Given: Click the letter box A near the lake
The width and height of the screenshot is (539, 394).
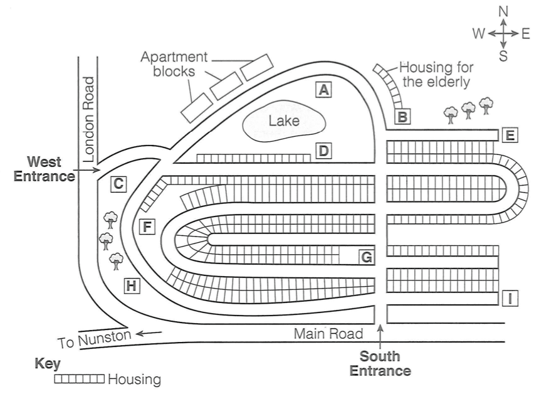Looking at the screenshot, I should tap(323, 90).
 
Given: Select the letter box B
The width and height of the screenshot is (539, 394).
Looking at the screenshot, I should tap(402, 116).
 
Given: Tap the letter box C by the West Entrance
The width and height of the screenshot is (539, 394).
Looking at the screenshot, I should tap(117, 184).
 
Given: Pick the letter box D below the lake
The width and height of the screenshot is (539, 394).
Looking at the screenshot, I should tap(323, 151).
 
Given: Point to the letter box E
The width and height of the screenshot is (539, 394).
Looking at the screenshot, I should tap(510, 135).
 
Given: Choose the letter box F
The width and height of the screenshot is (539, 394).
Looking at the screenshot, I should tap(146, 226).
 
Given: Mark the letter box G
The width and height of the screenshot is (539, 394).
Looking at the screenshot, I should tap(367, 256).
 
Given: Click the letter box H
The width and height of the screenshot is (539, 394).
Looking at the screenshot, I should tap(131, 286).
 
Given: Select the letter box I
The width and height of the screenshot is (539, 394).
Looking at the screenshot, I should tap(511, 299).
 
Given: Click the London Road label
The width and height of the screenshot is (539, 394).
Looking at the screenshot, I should tap(88, 118).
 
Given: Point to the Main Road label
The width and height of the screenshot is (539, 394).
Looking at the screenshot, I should tap(328, 333).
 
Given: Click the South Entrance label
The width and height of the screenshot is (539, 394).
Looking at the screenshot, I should tap(380, 363).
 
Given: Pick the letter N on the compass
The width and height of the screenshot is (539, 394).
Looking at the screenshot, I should tap(503, 12).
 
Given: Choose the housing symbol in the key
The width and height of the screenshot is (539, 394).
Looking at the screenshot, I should tap(80, 379).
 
